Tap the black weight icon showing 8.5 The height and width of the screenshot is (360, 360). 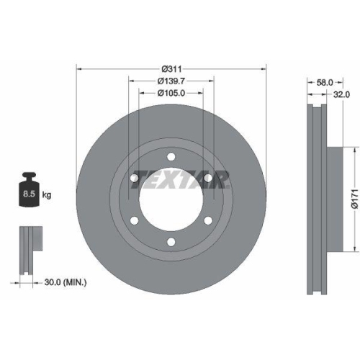click(x=29, y=189)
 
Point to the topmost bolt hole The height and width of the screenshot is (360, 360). click(x=171, y=157)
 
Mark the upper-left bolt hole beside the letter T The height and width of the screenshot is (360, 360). click(x=135, y=178)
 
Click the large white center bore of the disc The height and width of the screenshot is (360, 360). click(x=171, y=200)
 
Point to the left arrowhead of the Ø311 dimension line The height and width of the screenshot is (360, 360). click(x=78, y=68)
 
